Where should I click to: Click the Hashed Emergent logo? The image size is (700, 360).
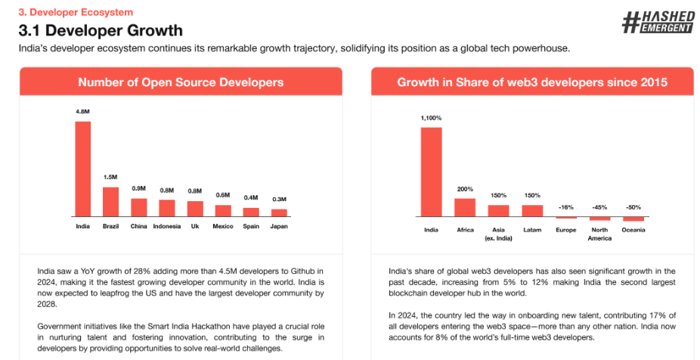pos(658,23)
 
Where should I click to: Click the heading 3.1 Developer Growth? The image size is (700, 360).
pos(101,31)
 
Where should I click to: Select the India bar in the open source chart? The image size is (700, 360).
pos(82,168)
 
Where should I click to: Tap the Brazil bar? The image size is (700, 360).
pos(110,201)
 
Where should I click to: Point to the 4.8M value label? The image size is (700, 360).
pos(82,112)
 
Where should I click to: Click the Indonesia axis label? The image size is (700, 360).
pos(166,226)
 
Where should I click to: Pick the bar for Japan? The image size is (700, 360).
pos(279,212)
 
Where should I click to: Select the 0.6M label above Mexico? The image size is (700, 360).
pos(223,195)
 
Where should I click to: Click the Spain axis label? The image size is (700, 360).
pos(251,226)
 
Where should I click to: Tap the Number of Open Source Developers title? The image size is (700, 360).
pos(181,82)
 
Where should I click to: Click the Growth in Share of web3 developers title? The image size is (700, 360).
pos(532,82)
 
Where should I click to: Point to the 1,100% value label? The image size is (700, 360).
pos(431,118)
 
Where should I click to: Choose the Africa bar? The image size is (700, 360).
pos(465,208)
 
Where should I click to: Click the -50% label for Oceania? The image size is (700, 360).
pos(633,206)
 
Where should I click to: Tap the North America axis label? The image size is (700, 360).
pos(599,234)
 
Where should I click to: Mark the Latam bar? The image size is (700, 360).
pos(532,211)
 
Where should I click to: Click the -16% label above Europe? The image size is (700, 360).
pos(565,206)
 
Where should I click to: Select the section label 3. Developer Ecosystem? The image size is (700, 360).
pos(65,12)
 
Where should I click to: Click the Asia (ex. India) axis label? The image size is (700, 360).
pos(498,234)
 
